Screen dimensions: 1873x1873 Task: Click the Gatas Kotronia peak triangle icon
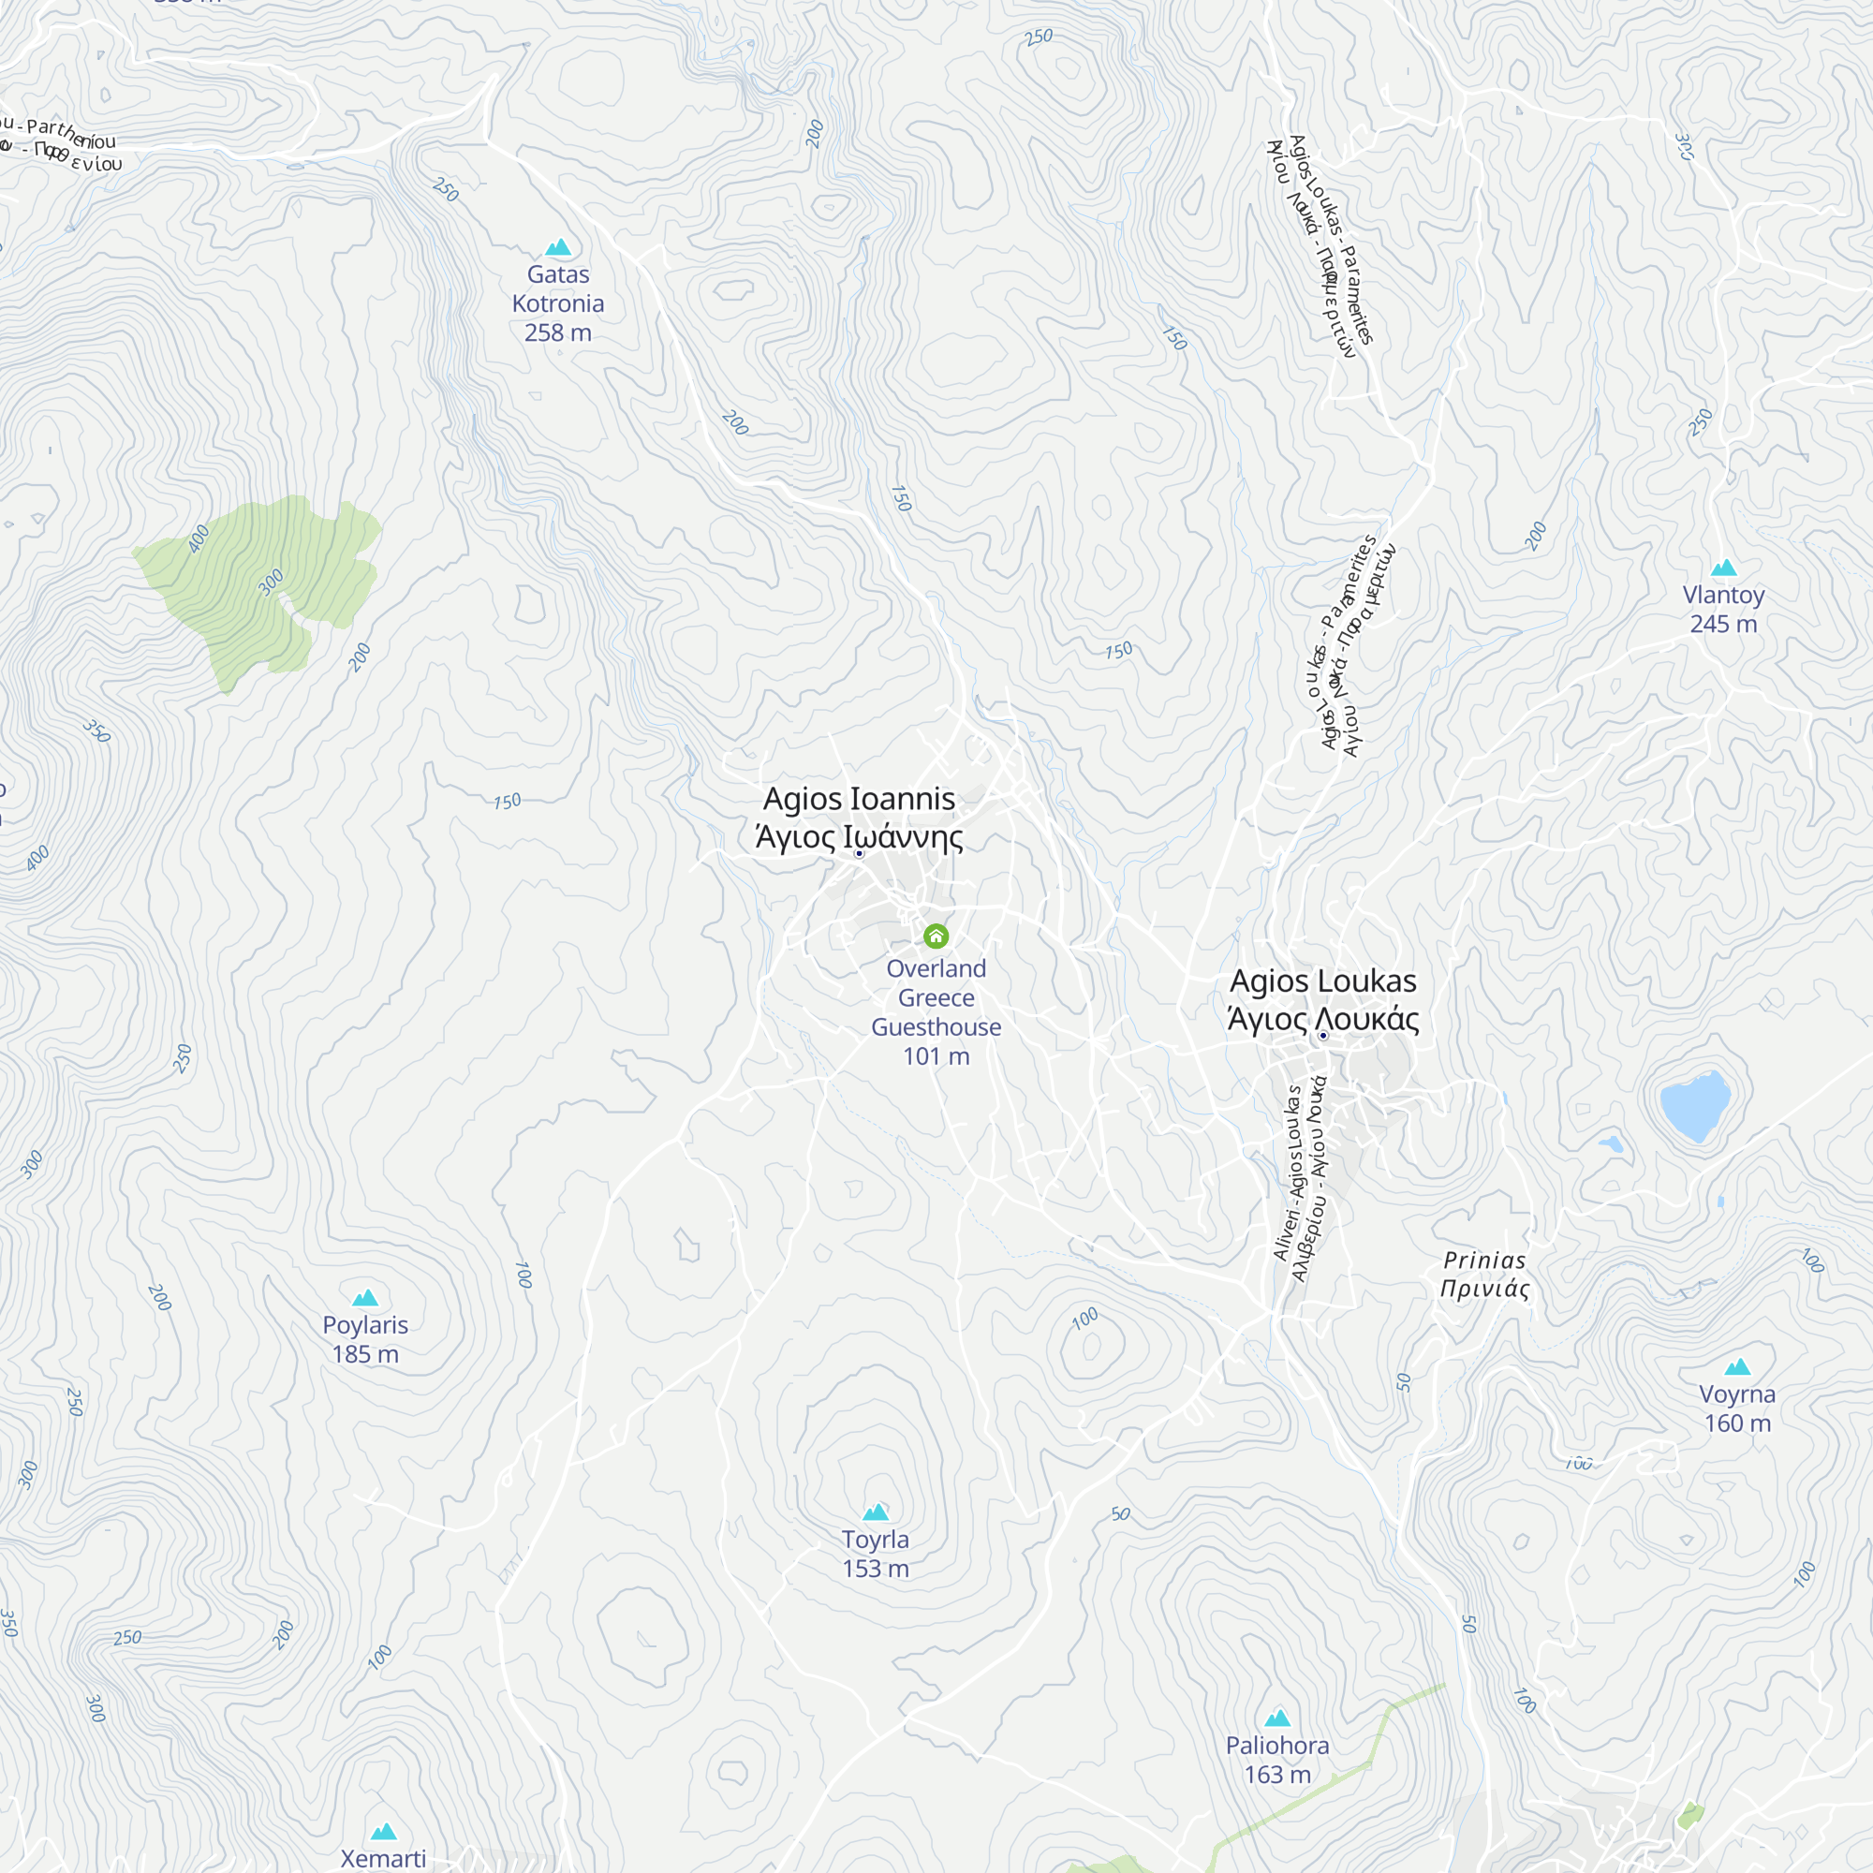(x=558, y=247)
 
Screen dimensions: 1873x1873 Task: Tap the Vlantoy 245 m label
(x=1723, y=609)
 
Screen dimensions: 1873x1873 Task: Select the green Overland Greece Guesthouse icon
(x=936, y=936)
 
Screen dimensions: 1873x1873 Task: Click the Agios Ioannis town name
(x=859, y=799)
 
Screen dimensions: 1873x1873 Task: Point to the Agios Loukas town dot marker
(x=1322, y=1036)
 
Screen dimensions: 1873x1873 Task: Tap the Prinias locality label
(x=1484, y=1274)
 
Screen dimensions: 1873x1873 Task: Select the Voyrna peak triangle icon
(x=1737, y=1367)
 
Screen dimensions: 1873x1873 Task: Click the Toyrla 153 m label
(x=876, y=1553)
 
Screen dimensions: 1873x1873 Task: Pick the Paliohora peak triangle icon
(x=1277, y=1718)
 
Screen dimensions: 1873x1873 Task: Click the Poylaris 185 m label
(x=365, y=1339)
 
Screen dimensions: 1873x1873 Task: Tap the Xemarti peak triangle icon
(x=384, y=1831)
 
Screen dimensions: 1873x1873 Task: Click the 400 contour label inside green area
(x=199, y=539)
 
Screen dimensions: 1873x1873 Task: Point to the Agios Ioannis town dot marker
(x=859, y=853)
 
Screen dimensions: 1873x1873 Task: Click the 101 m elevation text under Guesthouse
(x=936, y=1056)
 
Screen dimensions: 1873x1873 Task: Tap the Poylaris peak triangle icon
(x=365, y=1298)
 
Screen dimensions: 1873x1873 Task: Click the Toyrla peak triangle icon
(x=876, y=1512)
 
